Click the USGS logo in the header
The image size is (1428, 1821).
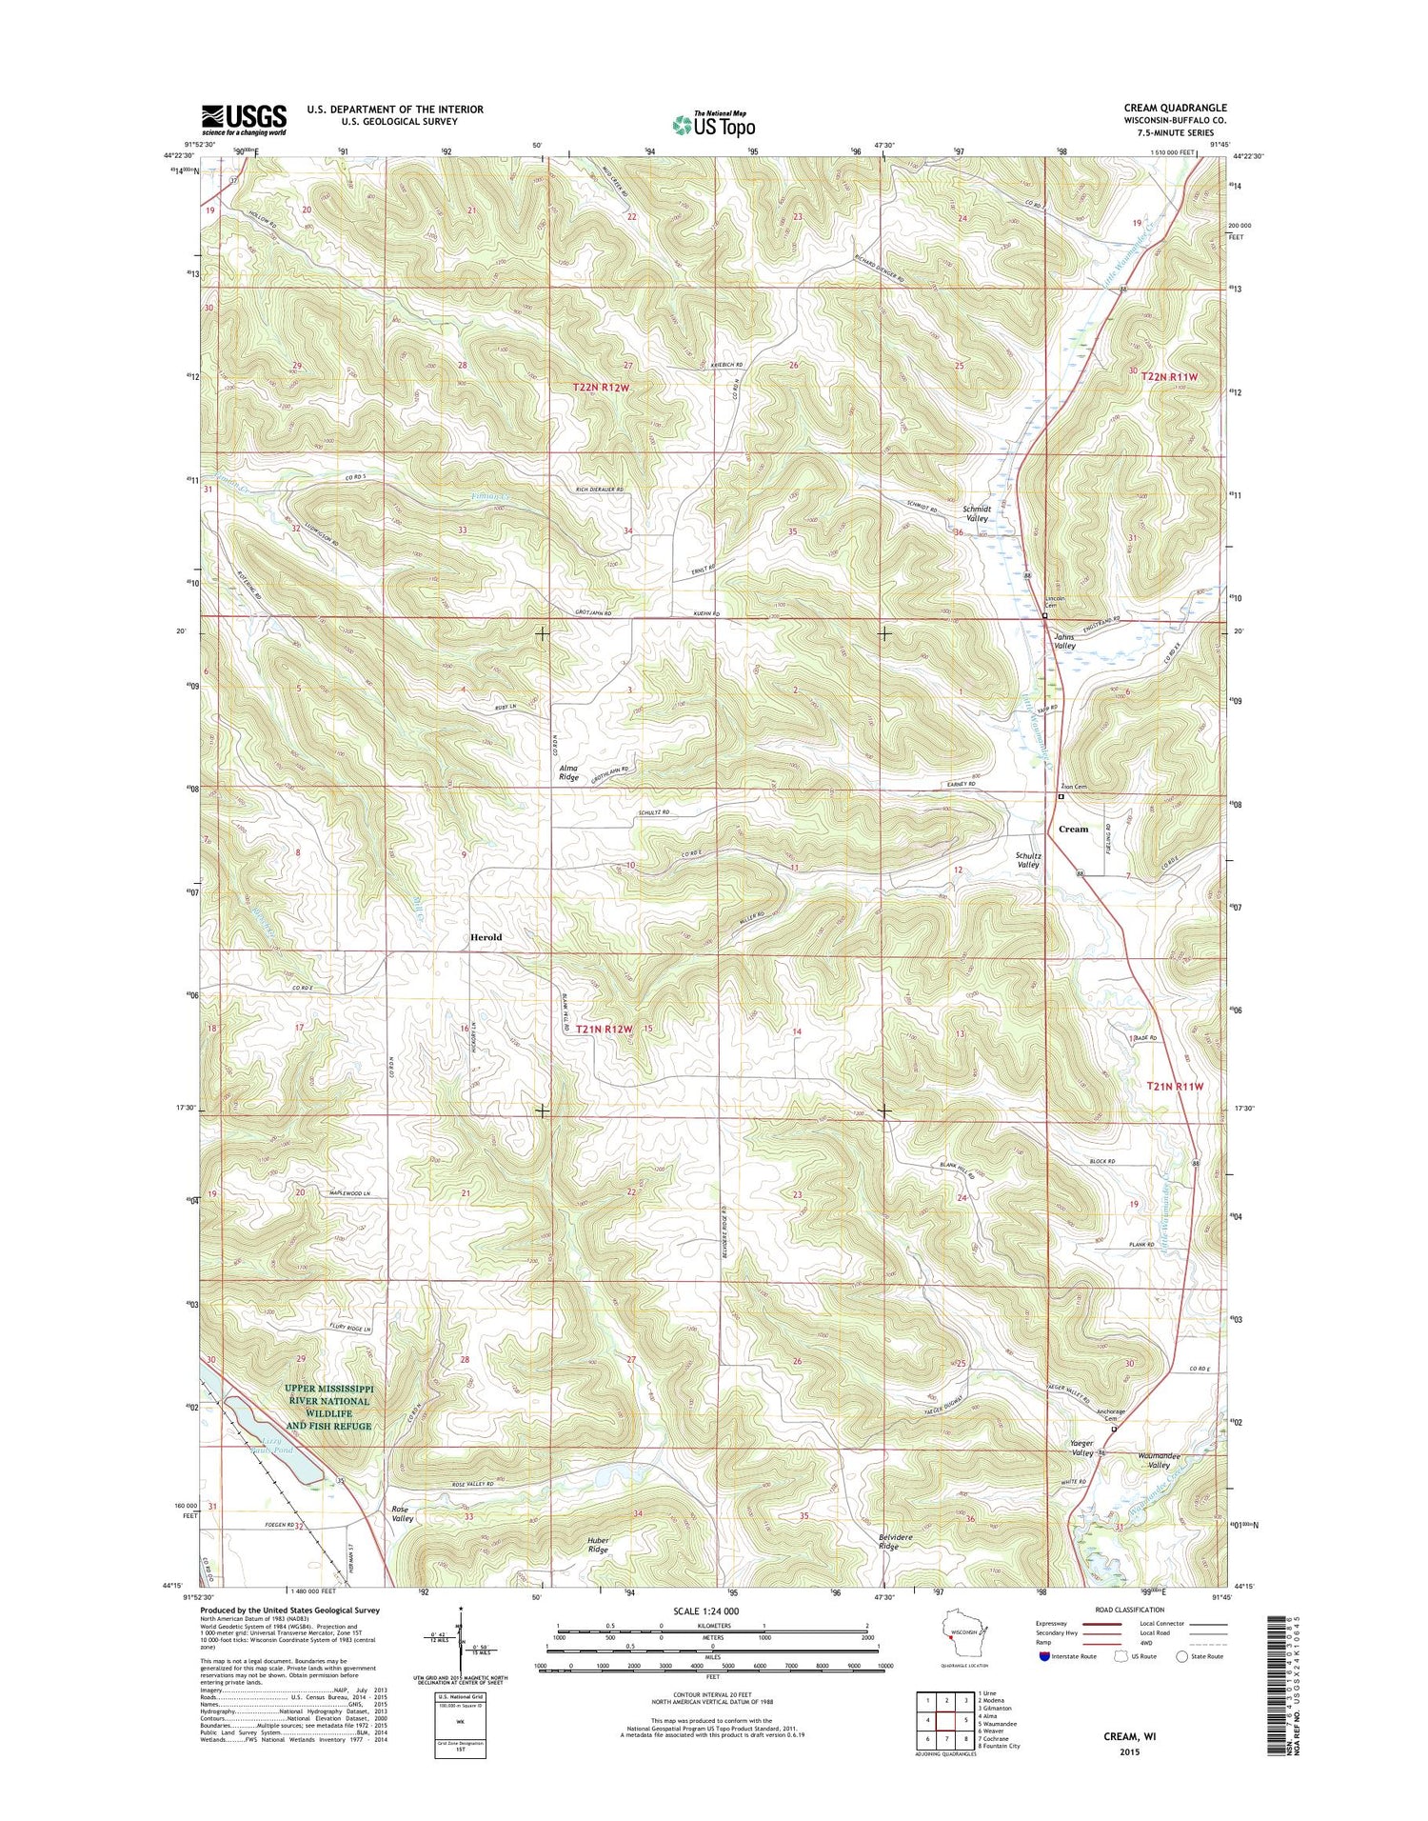[x=244, y=119]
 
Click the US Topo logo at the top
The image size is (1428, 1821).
[x=714, y=124]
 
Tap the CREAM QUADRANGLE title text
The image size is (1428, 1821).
[x=1175, y=109]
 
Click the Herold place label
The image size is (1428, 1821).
[x=486, y=937]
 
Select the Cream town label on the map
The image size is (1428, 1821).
[x=1073, y=829]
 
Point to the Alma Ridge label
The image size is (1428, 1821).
[x=568, y=772]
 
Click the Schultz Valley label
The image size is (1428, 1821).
[x=1027, y=859]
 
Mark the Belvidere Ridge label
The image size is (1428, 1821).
[x=888, y=1542]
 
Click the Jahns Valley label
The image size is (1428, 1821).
[x=1064, y=641]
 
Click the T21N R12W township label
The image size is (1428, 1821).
[x=604, y=1030]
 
